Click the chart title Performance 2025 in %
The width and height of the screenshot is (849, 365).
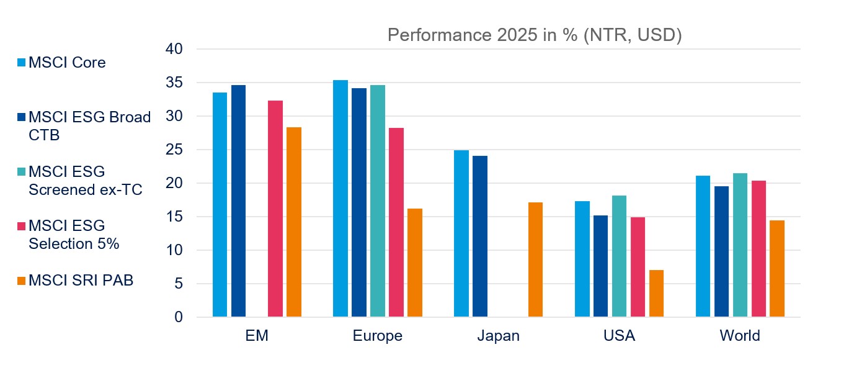click(535, 35)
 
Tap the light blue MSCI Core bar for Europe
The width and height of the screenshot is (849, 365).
click(340, 199)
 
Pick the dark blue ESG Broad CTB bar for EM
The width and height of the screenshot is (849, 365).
click(238, 201)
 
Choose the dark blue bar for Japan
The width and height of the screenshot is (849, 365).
click(479, 237)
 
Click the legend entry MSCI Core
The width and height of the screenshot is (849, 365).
click(66, 63)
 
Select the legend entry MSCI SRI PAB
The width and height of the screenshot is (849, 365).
click(81, 280)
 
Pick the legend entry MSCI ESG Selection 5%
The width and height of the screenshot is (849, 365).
click(73, 234)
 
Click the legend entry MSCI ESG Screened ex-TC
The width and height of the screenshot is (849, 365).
click(84, 180)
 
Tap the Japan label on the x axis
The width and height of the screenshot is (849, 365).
click(498, 336)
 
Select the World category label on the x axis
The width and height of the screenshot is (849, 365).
click(739, 336)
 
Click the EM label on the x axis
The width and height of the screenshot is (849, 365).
click(257, 336)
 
